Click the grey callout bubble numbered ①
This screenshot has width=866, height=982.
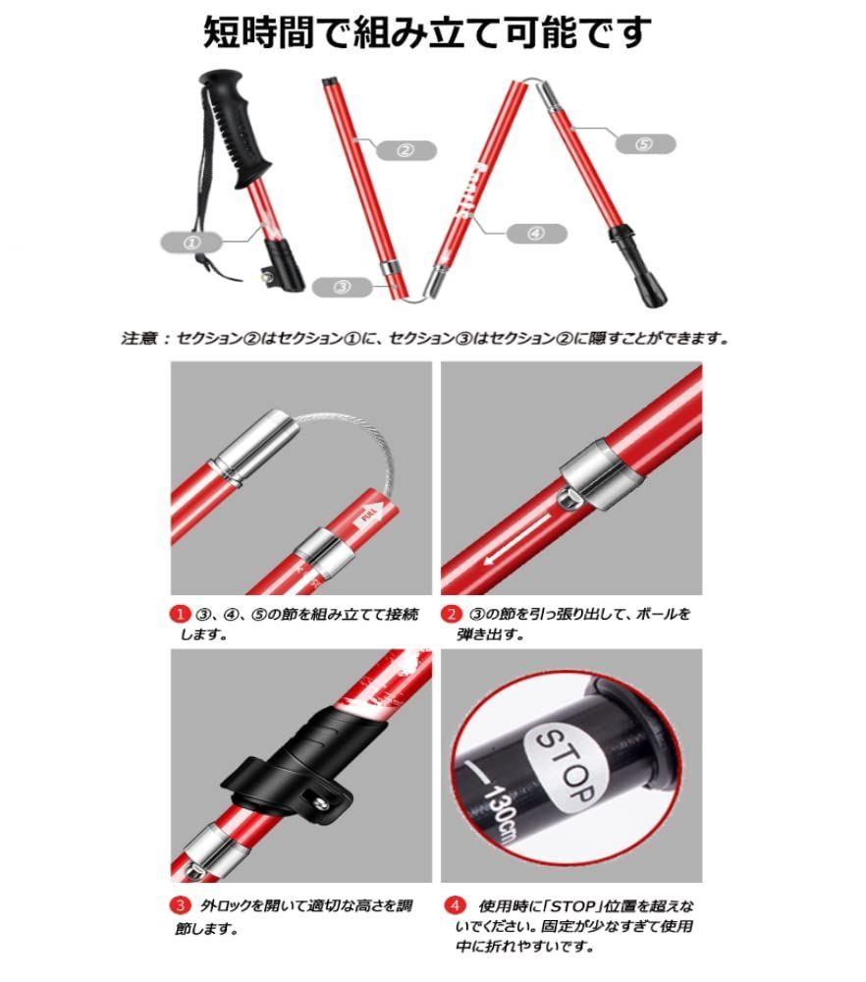tap(191, 243)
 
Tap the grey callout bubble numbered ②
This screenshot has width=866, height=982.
tap(406, 150)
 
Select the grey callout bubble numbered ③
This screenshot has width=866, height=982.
tap(342, 287)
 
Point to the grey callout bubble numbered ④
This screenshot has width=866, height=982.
tap(537, 234)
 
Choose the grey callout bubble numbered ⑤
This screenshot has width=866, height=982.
tap(645, 144)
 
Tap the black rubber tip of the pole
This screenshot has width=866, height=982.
tap(639, 267)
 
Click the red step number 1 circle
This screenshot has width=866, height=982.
tap(180, 614)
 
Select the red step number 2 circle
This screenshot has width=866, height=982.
tap(451, 614)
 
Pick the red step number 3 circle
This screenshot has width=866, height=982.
tap(180, 905)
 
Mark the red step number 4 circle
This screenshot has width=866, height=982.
tap(455, 905)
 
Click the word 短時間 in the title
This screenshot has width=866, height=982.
tap(257, 32)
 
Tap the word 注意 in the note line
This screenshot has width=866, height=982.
tap(138, 339)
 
